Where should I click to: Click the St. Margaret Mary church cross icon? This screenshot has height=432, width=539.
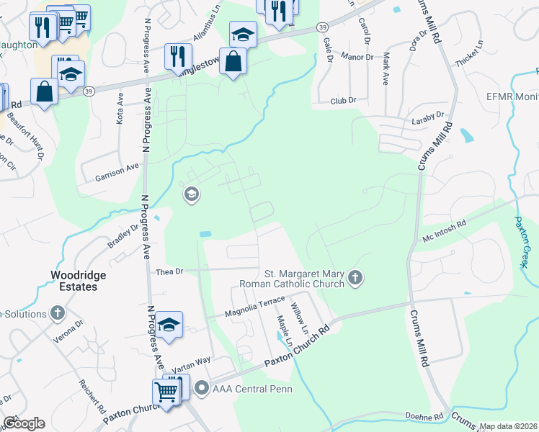click(x=355, y=278)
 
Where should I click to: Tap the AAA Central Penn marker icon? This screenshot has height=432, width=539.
click(x=201, y=389)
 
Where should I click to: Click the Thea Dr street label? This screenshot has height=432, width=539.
click(x=171, y=272)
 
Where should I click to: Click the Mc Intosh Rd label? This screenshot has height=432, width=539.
click(x=445, y=224)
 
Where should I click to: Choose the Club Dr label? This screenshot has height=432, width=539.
click(x=344, y=102)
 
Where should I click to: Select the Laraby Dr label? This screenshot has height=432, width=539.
click(x=427, y=115)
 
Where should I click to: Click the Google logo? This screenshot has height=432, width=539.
click(x=24, y=423)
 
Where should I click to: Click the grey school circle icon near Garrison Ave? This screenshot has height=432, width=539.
click(x=191, y=194)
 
